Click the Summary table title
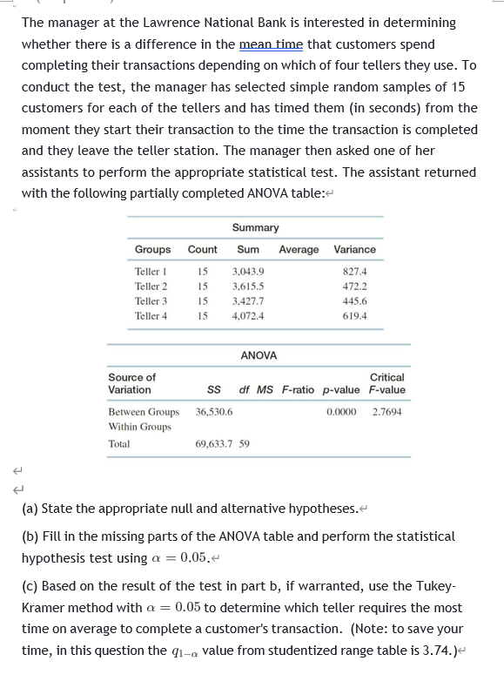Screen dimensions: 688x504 [255, 227]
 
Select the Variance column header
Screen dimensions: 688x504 [354, 250]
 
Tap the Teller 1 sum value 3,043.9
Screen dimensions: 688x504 [249, 272]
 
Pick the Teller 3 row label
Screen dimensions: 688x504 [151, 300]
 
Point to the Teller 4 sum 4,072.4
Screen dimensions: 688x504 [249, 315]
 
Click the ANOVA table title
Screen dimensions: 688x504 [259, 355]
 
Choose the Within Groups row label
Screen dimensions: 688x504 [139, 427]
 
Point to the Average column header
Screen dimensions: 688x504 [299, 250]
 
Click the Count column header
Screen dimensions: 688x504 [203, 250]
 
